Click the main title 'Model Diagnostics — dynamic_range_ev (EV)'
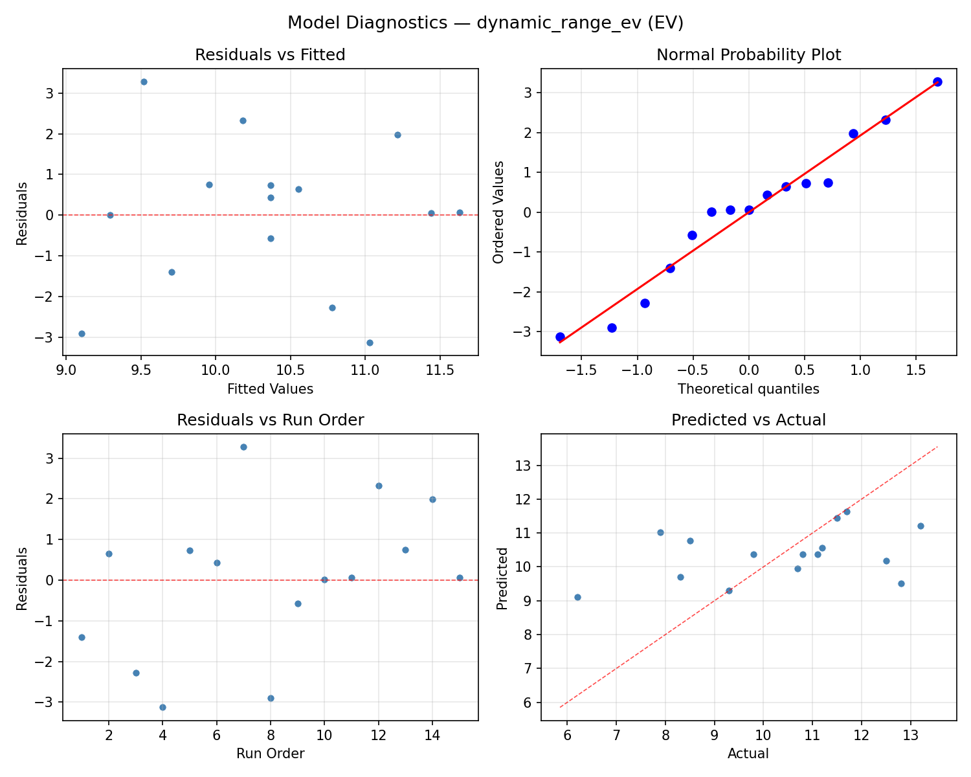click(485, 23)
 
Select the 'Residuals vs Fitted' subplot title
click(270, 55)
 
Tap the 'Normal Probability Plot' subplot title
click(748, 55)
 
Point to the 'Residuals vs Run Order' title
click(270, 420)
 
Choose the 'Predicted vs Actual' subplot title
click(748, 420)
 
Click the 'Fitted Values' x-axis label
click(270, 389)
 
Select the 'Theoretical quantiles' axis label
click(748, 389)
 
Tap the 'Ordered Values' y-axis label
click(498, 212)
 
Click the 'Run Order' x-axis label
click(270, 754)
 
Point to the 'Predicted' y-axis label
click(502, 577)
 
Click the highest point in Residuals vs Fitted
click(144, 82)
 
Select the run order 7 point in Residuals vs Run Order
click(243, 447)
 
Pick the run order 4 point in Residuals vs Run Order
click(162, 707)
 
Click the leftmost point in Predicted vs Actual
click(577, 597)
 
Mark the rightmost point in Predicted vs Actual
click(921, 526)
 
